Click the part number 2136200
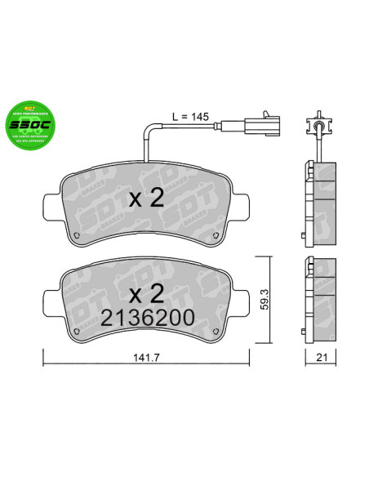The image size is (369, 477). [x=147, y=319]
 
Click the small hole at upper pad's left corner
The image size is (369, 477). [x=76, y=238]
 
